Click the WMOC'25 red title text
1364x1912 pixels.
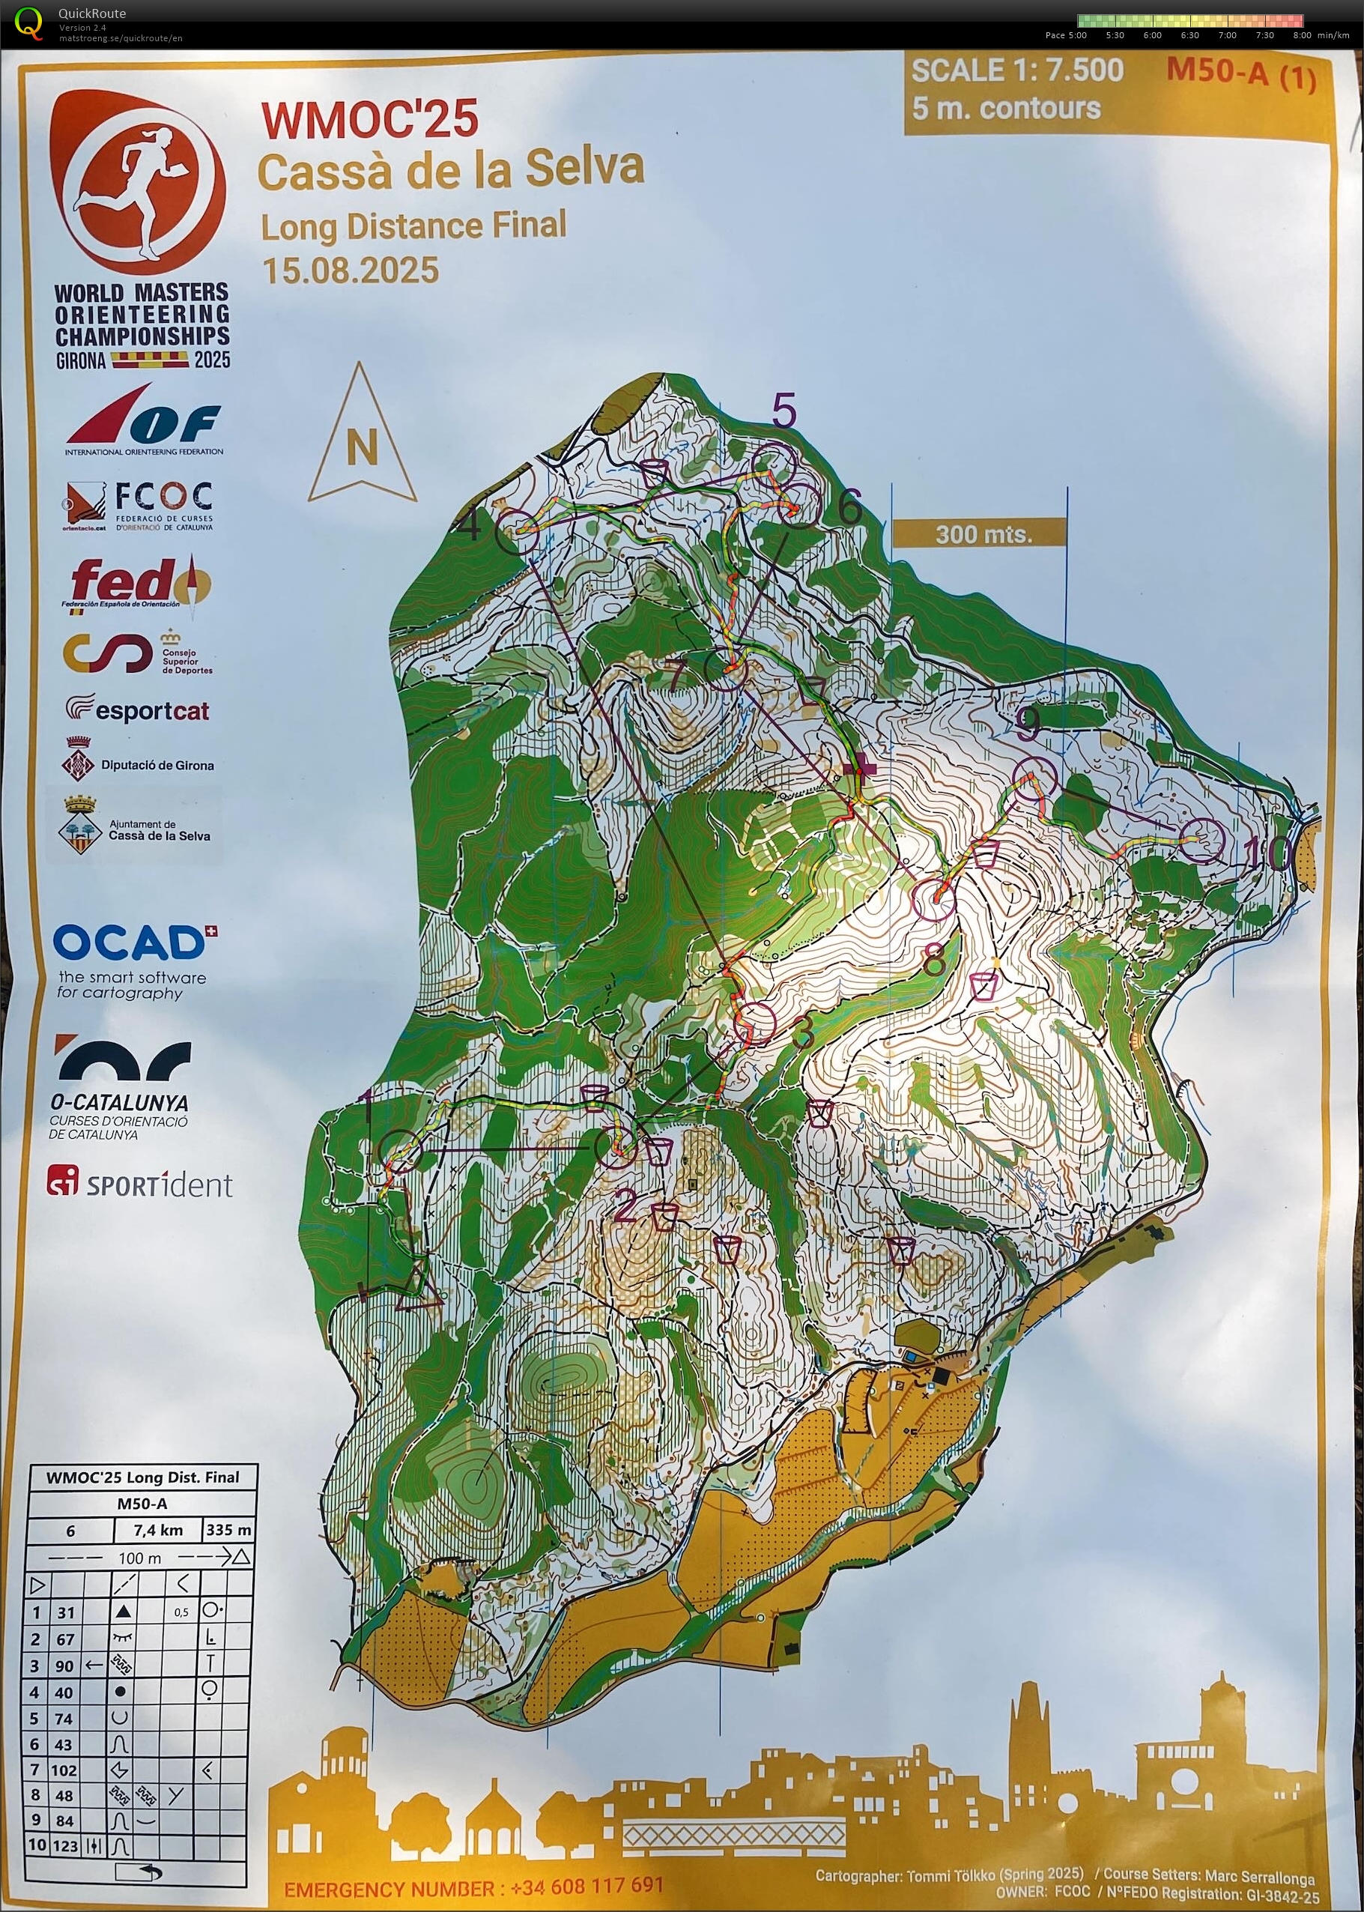pos(369,119)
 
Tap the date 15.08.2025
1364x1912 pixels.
pos(351,270)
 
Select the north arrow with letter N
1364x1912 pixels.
pos(362,437)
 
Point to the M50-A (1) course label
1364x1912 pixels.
pos(1240,74)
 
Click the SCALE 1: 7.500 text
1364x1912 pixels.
pos(1016,70)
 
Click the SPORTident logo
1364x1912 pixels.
pos(139,1184)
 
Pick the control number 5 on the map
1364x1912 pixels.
pos(783,411)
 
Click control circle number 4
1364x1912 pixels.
pos(518,530)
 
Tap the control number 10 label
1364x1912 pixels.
pos(1267,853)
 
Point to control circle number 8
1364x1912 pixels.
pos(933,900)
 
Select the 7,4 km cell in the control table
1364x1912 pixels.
pos(158,1530)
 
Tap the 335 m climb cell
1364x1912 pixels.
pos(228,1530)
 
